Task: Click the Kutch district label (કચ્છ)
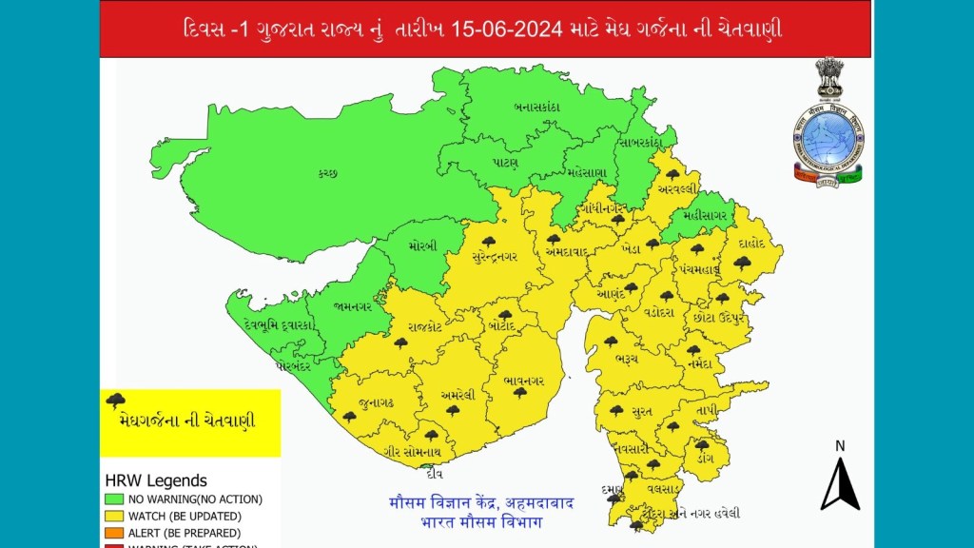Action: (328, 173)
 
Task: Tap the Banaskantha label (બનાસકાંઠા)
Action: (536, 107)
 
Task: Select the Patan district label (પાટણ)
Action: (505, 163)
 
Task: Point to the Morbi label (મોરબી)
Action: (424, 245)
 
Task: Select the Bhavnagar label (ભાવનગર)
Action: (523, 382)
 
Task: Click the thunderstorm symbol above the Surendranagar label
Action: (489, 242)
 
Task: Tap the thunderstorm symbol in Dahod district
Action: (742, 263)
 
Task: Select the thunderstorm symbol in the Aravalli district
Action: (673, 175)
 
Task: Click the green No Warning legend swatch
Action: (113, 499)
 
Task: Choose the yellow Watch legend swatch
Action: (113, 516)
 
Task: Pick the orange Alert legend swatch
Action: (113, 533)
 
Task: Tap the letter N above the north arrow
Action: (840, 445)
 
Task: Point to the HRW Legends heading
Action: (156, 480)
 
